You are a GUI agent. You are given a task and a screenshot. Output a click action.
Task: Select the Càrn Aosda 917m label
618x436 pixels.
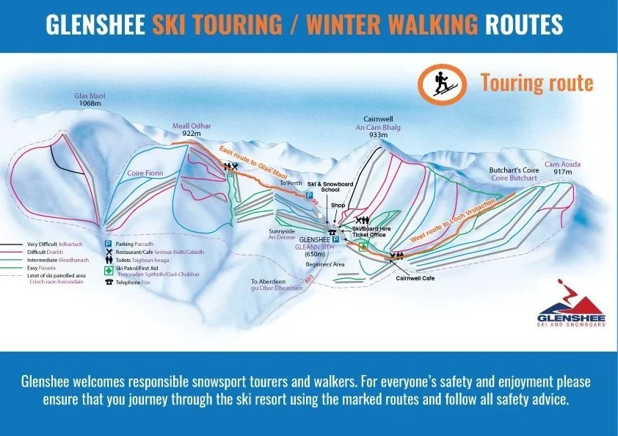[x=563, y=168]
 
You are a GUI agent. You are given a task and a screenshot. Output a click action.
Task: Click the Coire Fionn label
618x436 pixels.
[x=146, y=173]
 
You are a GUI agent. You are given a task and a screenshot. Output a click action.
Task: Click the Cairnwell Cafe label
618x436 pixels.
[x=415, y=278]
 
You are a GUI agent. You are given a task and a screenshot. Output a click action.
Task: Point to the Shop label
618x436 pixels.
[x=338, y=205]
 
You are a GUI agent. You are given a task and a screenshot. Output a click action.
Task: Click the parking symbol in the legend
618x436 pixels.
[x=107, y=243]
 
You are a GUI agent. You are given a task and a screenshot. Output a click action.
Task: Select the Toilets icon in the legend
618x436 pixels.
[x=108, y=259]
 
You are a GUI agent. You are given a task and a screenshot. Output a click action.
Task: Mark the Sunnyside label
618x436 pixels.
[x=282, y=231]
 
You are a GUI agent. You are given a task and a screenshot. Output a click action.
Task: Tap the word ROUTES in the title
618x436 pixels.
[x=523, y=26]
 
